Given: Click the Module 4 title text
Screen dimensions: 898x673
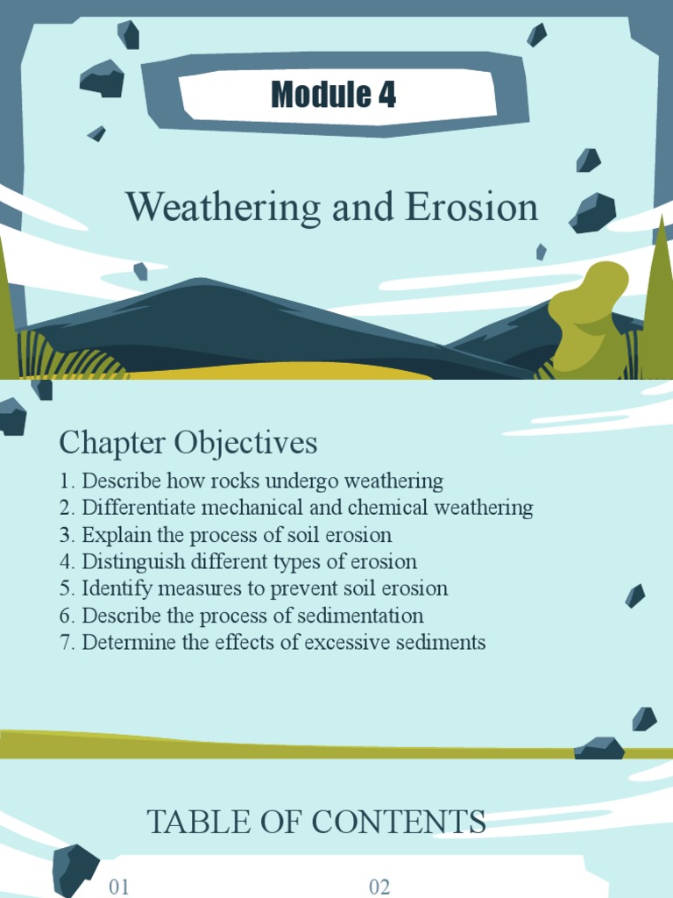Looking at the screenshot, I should tap(333, 94).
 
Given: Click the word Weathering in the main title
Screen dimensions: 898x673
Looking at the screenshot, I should tap(223, 208).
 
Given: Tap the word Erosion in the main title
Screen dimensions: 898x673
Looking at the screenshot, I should tap(471, 208).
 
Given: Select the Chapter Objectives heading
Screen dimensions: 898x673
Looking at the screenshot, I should tap(188, 443).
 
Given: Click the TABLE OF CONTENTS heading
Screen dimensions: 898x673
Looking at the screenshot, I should tap(315, 823).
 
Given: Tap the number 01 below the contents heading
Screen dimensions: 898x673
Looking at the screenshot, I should tap(119, 887).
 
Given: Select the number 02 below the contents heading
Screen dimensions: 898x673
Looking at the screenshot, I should tap(379, 887).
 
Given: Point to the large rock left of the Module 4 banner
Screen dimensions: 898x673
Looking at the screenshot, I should tap(103, 79).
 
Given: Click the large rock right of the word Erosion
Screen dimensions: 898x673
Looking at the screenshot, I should tap(592, 213).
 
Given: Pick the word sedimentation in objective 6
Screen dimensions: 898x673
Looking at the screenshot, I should tap(365, 616).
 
